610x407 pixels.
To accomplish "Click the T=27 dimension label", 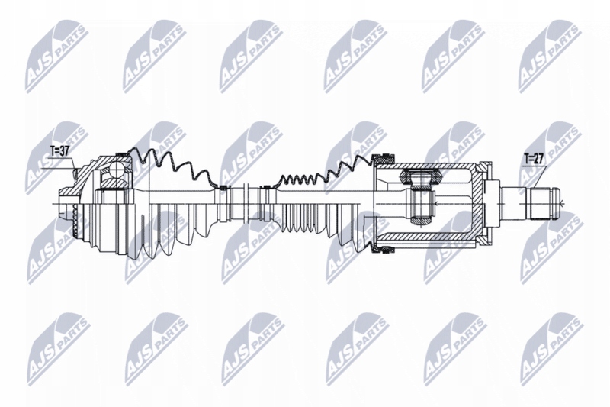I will tap(534, 160).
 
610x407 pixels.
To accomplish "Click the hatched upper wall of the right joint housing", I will tap(435, 165).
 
